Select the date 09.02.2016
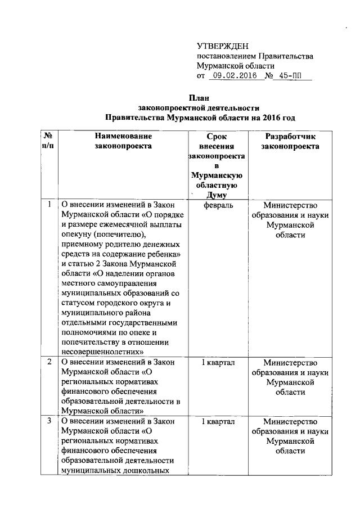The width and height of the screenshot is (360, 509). coord(232,76)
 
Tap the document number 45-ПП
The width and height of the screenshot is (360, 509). coord(291,76)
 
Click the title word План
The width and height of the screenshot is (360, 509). coord(199,97)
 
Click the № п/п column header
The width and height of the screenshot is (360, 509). coord(48,141)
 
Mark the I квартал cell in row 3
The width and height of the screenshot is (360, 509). coord(217,421)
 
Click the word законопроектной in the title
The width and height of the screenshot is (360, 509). coord(170,107)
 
